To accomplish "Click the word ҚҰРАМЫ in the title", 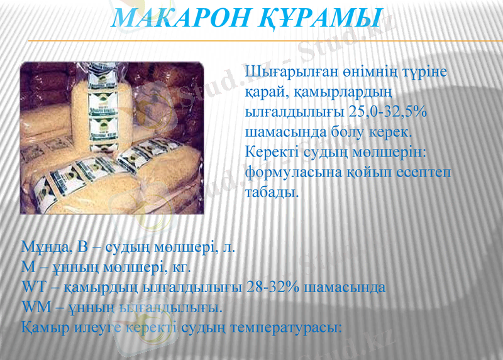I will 321,18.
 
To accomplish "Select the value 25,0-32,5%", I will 387,112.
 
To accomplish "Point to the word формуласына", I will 293,172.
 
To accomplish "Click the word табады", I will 269,192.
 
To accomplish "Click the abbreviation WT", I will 32,287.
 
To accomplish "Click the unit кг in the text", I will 179,267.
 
